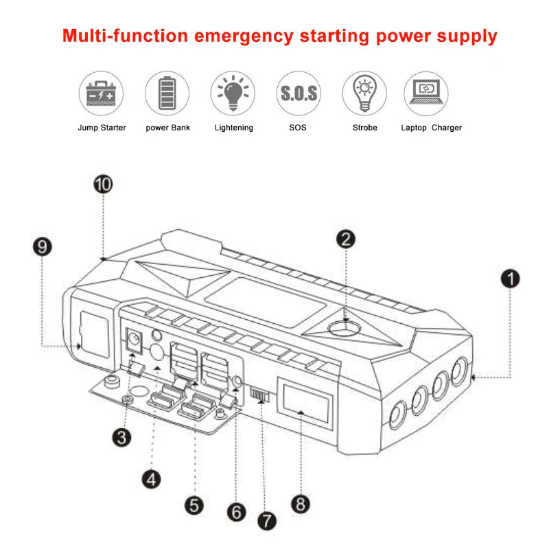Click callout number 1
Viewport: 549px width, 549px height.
point(510,278)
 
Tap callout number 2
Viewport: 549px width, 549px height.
point(347,239)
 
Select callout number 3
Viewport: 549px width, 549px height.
point(121,437)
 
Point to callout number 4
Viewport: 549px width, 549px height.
point(152,478)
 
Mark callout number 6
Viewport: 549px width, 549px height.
point(236,511)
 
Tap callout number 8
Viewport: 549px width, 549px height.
point(300,504)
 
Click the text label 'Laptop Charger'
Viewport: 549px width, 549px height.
point(432,128)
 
